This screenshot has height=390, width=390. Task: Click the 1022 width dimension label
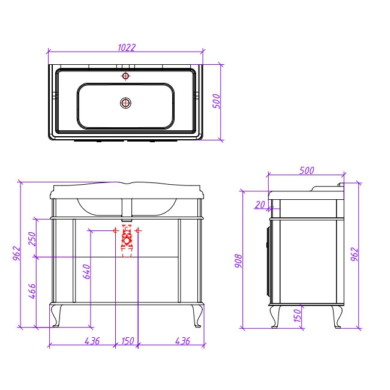pos(127,47)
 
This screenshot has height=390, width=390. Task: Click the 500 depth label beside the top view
pos(217,101)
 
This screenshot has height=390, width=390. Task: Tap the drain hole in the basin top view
pos(125,103)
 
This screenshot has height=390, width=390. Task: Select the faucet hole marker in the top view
pos(125,76)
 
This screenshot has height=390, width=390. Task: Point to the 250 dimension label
pos(32,239)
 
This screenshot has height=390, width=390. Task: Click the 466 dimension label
pos(32,291)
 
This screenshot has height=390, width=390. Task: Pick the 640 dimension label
pos(86,272)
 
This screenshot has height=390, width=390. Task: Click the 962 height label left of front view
pos(17,253)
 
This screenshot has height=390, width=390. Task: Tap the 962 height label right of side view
pos(355,254)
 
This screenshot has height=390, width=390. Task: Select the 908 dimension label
pos(238,260)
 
